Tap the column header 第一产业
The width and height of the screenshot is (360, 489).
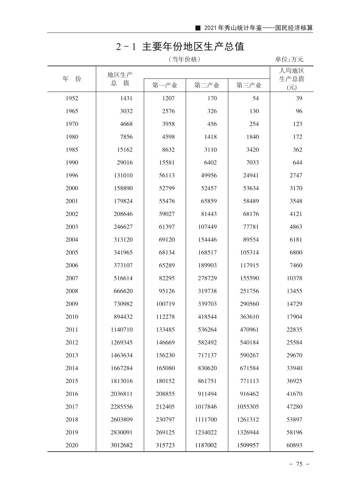point(165,85)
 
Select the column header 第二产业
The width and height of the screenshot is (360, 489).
point(207,85)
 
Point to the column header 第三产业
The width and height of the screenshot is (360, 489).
point(249,85)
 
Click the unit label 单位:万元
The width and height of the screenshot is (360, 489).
point(289,59)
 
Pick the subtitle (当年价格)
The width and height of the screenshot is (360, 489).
point(184,59)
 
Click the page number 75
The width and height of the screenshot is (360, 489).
point(299,464)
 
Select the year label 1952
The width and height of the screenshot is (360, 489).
point(72,98)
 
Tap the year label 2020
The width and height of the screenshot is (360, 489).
point(72,445)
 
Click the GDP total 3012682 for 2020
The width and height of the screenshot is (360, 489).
point(122,445)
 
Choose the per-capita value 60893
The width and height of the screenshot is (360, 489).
point(294,445)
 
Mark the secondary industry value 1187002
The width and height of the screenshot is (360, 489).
point(206,445)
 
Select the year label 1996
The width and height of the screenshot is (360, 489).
point(72,175)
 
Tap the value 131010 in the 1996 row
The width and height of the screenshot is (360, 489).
point(123,175)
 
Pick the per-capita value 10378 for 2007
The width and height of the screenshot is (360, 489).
point(294,278)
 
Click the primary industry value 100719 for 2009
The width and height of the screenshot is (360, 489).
point(165,304)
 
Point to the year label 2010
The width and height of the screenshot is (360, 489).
point(72,317)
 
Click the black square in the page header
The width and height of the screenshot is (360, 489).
point(198,28)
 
